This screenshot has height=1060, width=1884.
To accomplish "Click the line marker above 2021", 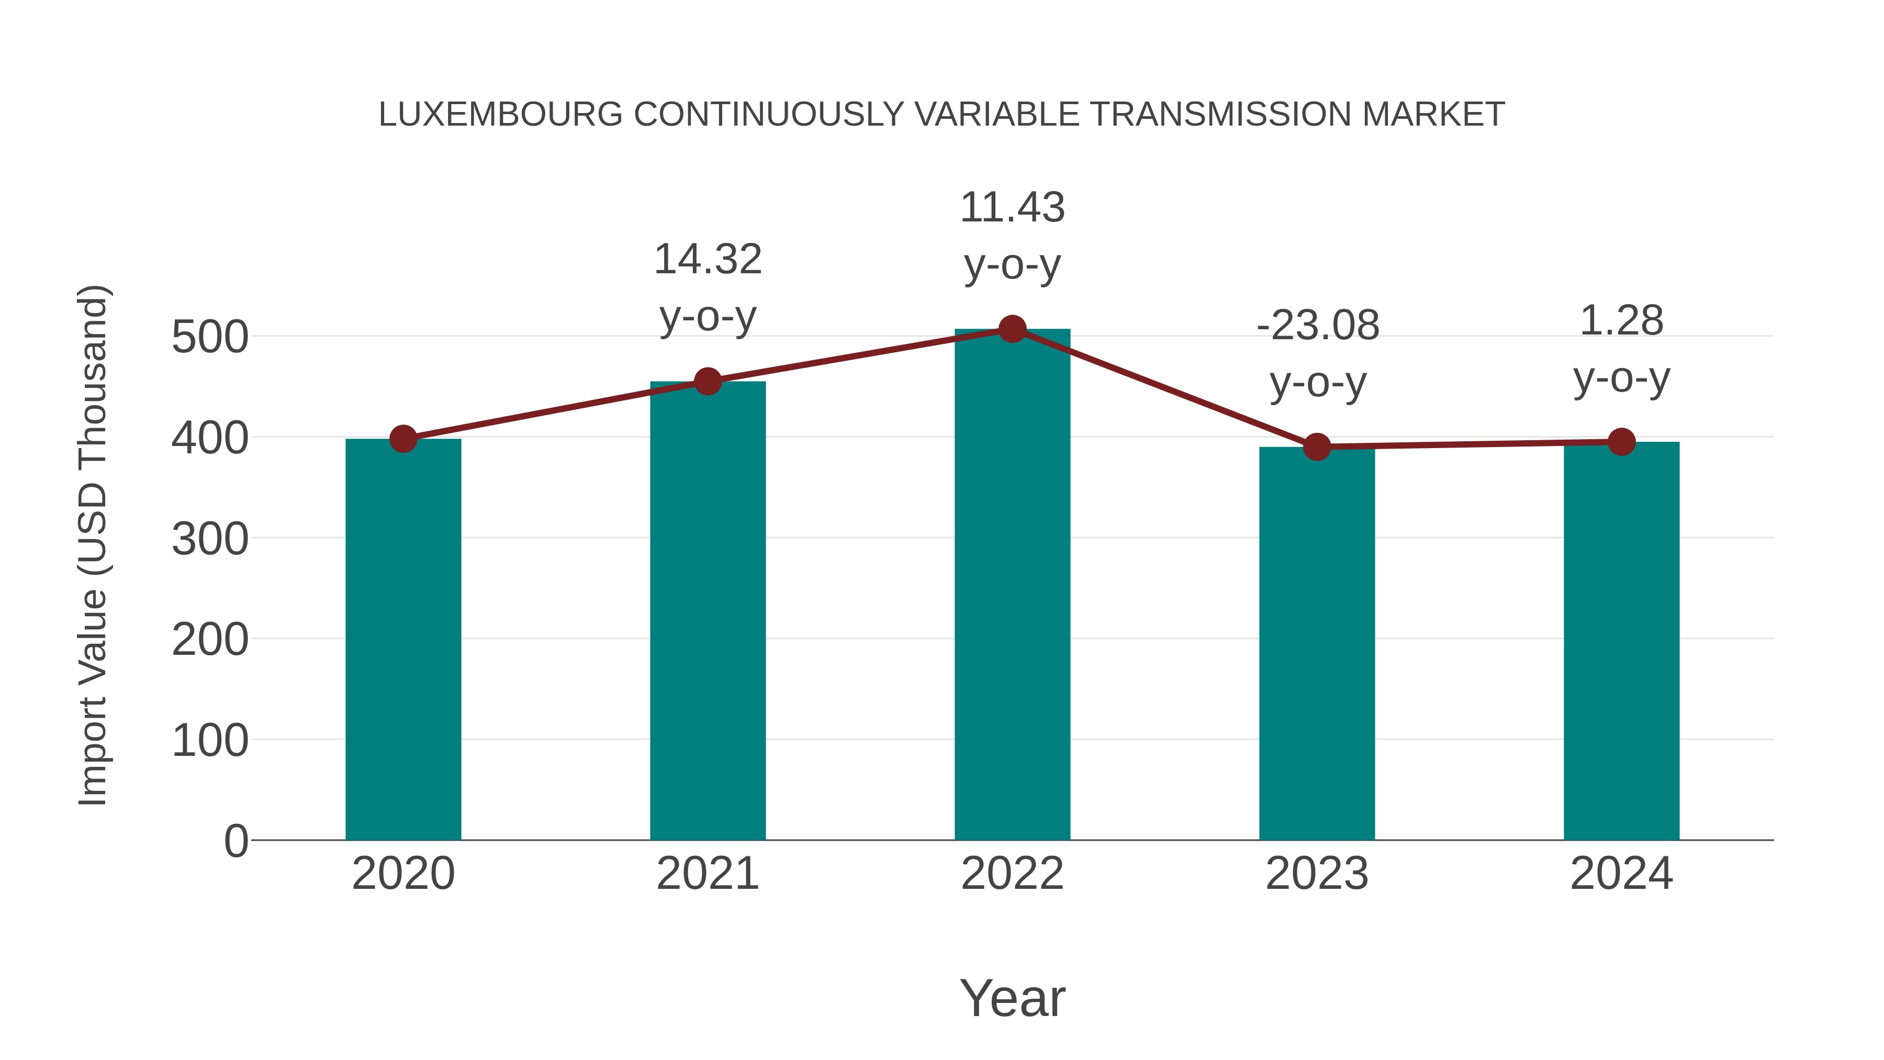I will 707,381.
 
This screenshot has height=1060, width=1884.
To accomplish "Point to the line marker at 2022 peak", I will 1012,329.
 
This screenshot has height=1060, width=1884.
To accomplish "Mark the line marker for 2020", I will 403,439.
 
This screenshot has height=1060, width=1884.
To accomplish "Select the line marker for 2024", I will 1621,442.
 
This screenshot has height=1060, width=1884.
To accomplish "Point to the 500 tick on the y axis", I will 210,338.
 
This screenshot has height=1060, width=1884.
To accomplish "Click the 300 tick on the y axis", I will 210,540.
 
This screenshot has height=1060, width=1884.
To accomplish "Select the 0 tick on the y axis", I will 235,841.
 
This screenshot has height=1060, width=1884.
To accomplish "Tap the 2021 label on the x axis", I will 707,874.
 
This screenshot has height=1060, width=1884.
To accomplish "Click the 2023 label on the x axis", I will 1317,874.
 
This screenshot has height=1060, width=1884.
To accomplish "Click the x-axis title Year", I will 1012,998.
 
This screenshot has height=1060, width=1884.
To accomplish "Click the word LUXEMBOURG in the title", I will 500,115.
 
